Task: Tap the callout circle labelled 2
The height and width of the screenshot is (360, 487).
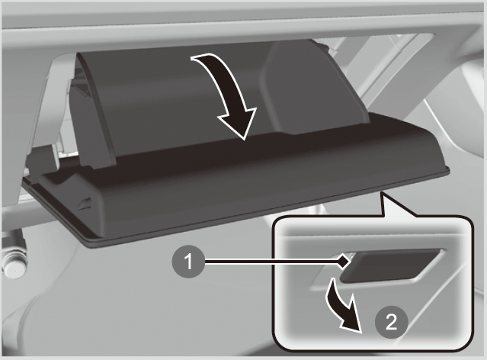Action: pos(391,322)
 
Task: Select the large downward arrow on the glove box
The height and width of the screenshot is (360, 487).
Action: pos(229,93)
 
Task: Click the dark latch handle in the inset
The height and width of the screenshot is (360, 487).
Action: pos(392,265)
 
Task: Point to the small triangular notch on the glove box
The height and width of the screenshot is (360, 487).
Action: pos(85,204)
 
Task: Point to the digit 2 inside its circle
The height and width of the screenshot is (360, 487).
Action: pos(391,322)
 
